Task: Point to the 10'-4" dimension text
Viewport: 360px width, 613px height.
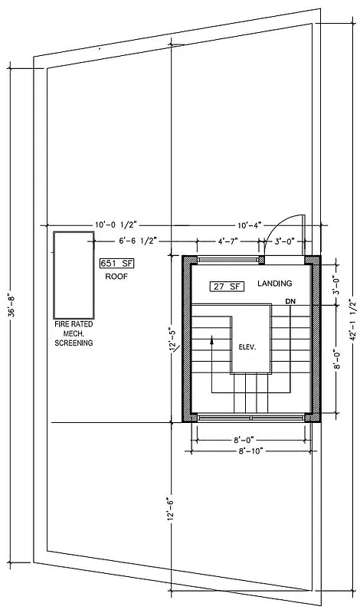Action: click(x=250, y=225)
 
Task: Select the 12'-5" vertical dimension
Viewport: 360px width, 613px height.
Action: click(x=173, y=339)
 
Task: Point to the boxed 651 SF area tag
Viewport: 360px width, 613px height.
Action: click(x=116, y=263)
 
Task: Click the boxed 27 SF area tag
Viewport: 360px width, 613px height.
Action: click(x=226, y=286)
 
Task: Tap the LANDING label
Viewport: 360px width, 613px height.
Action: click(x=274, y=284)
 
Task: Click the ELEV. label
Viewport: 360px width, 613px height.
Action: click(x=247, y=346)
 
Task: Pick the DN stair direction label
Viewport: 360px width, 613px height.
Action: click(x=289, y=300)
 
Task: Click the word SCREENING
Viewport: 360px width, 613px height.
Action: click(x=74, y=343)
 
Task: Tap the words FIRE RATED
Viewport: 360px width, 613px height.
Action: click(x=74, y=325)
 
